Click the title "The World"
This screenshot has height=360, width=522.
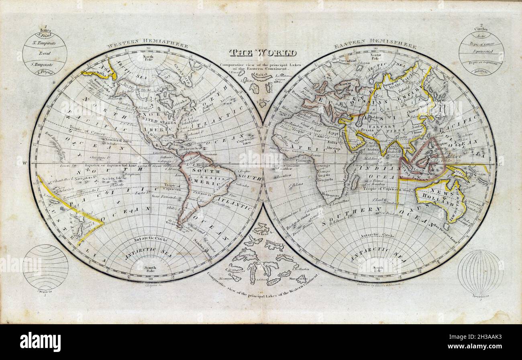[263, 53]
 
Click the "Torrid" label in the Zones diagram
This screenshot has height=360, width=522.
[44, 53]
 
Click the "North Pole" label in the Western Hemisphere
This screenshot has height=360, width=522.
[148, 57]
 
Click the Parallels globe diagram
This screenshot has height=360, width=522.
[45, 267]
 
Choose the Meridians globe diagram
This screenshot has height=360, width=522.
[480, 272]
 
